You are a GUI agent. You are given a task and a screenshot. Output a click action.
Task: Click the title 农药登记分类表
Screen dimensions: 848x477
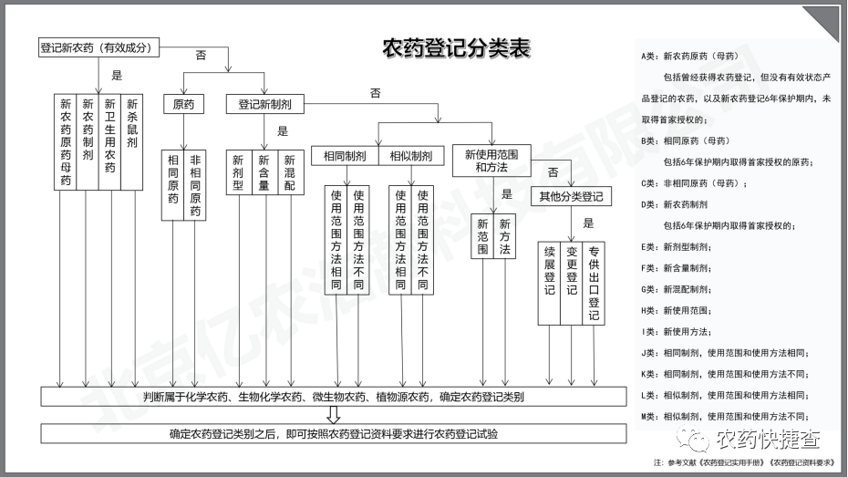(x=456, y=48)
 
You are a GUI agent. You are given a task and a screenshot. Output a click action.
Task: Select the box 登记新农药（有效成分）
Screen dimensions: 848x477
(x=96, y=47)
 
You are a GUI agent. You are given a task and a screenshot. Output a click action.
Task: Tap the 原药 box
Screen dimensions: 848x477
(x=183, y=105)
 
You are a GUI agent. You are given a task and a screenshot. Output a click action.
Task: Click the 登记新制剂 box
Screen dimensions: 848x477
(x=264, y=105)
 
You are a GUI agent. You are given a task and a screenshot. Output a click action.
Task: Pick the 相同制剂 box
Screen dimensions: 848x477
(x=345, y=156)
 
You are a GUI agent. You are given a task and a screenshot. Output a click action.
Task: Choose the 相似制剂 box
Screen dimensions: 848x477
(x=411, y=156)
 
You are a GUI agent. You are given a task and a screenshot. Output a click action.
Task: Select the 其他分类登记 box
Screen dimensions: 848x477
(x=573, y=196)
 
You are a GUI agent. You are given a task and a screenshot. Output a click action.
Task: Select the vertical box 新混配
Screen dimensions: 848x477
(x=290, y=173)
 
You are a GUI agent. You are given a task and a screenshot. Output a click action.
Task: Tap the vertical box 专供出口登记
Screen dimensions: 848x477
(x=595, y=283)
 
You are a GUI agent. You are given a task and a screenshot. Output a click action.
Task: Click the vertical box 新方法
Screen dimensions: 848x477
(x=505, y=236)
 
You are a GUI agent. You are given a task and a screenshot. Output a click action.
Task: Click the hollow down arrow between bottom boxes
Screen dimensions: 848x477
(x=334, y=415)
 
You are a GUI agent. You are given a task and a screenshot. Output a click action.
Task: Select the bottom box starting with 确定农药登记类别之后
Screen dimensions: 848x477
(x=334, y=434)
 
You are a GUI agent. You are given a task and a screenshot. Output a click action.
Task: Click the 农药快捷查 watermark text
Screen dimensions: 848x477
(x=768, y=440)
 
